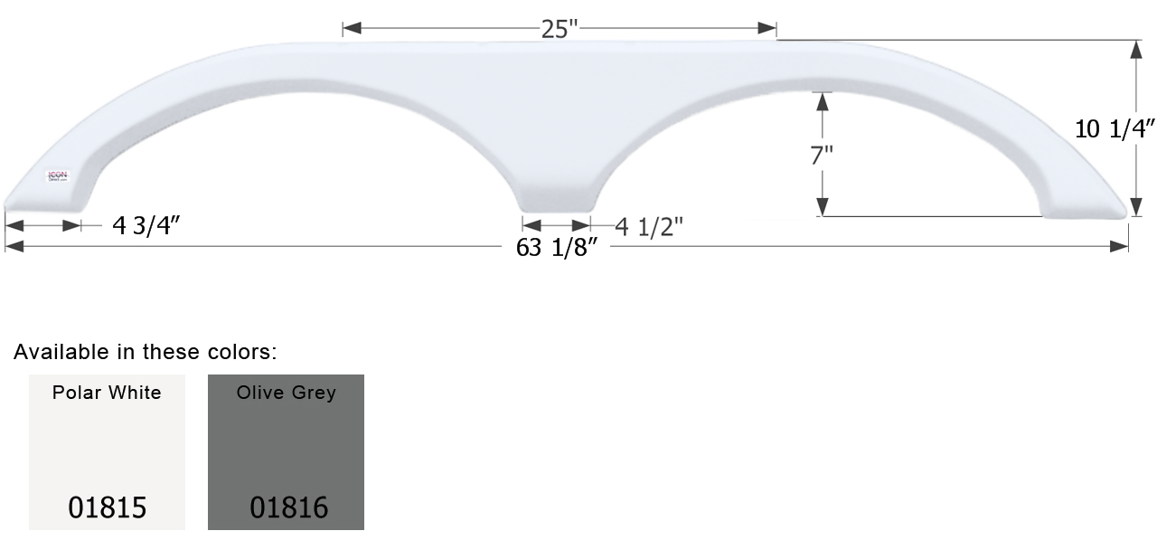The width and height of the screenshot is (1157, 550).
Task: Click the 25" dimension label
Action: (x=560, y=29)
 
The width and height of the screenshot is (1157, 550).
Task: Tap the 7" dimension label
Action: (x=822, y=155)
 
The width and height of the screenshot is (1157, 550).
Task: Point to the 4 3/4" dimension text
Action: (x=147, y=226)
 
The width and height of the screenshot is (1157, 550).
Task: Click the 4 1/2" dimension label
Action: (x=649, y=227)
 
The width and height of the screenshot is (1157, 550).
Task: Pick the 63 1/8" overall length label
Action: (x=558, y=248)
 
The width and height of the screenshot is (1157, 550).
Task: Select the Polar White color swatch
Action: (x=107, y=452)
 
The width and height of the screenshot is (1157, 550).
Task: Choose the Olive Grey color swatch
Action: (x=286, y=452)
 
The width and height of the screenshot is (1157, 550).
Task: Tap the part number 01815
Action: (x=107, y=507)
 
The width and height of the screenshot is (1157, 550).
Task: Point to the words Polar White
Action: (x=107, y=393)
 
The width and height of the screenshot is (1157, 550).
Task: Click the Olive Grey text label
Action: (x=286, y=393)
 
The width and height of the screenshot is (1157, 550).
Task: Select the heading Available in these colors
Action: (x=145, y=352)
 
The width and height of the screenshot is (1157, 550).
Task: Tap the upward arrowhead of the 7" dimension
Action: (x=822, y=100)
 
